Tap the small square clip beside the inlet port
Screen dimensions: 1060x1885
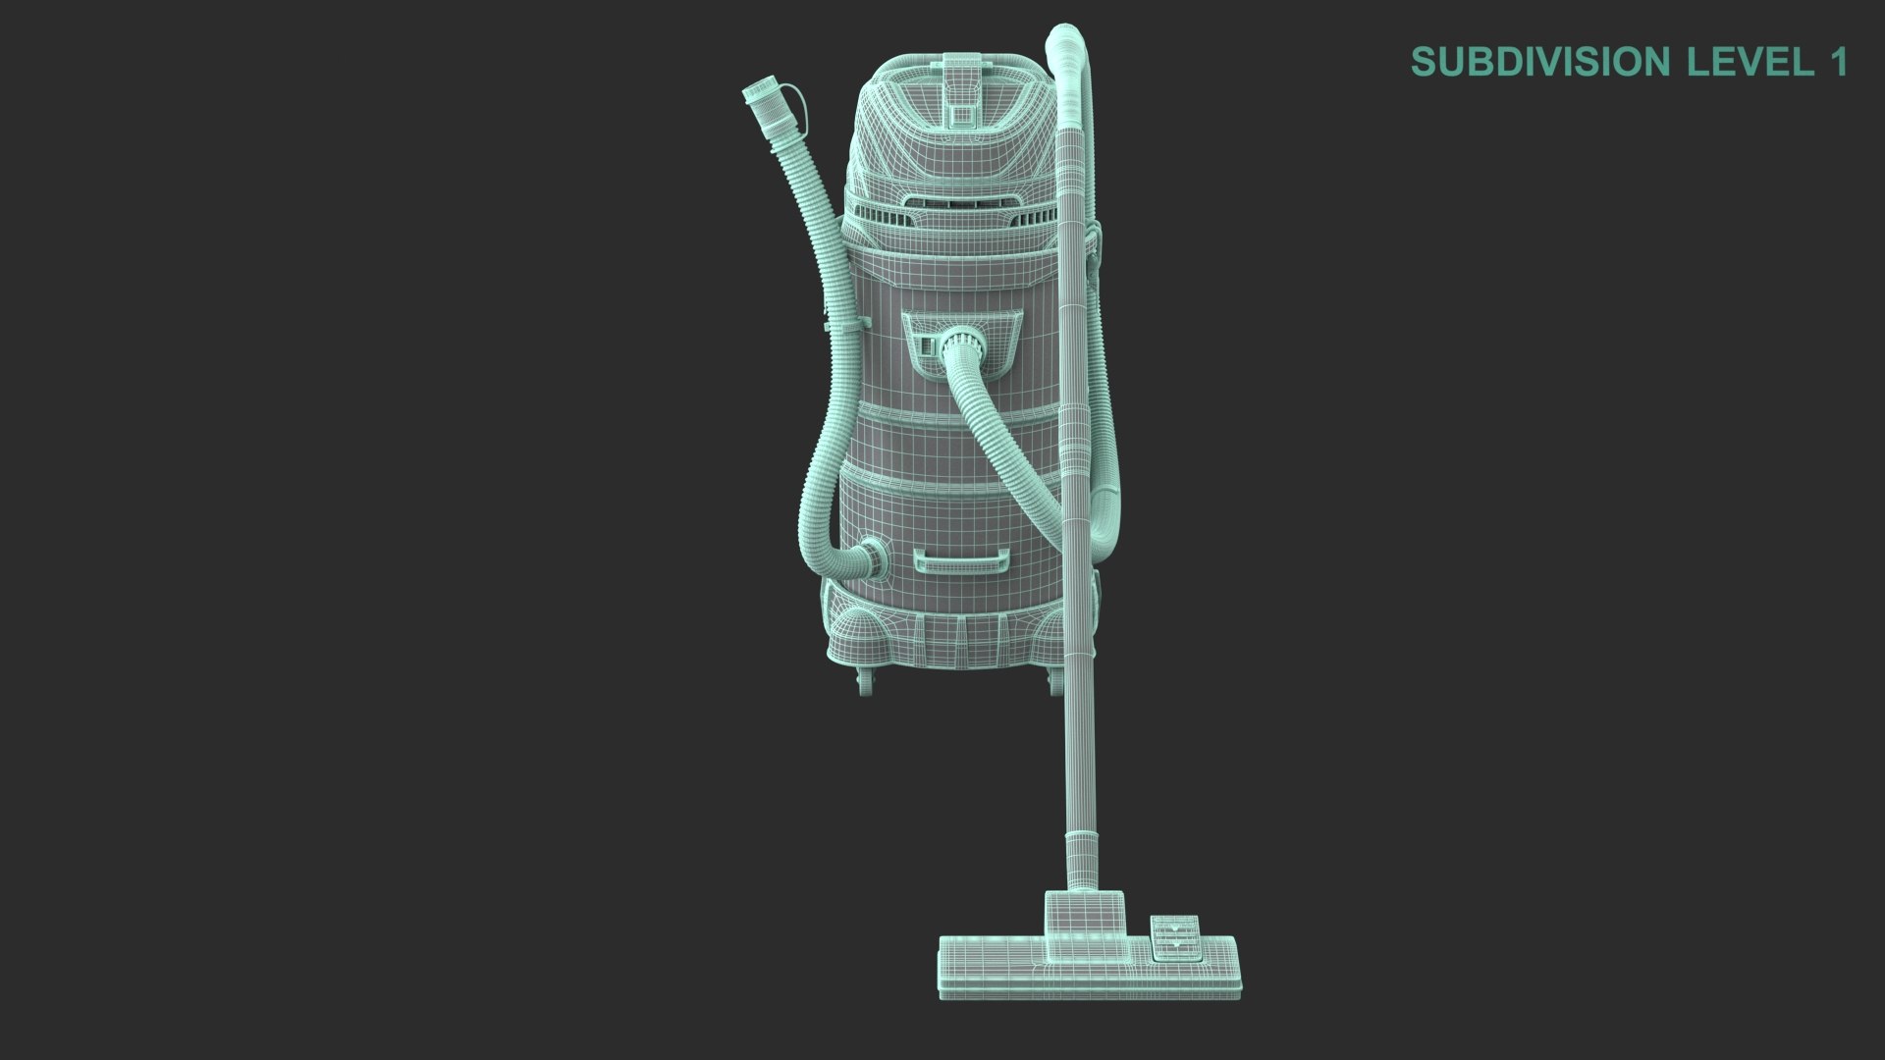926,344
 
